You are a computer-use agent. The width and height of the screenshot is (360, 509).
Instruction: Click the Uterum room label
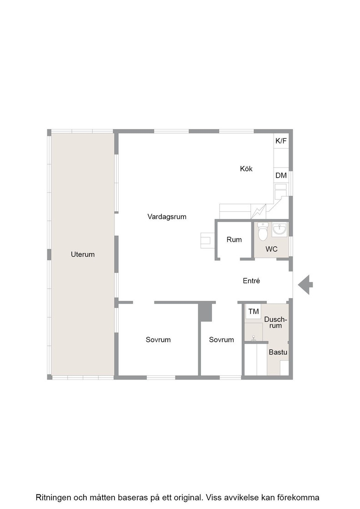83,254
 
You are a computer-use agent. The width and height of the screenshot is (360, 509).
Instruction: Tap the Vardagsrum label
167,217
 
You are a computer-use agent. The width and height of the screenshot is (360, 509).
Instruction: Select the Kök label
246,169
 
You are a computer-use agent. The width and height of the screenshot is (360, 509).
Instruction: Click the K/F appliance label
281,141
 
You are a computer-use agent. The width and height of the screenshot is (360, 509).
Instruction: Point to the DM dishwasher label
281,175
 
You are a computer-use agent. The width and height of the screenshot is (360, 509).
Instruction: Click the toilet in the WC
263,232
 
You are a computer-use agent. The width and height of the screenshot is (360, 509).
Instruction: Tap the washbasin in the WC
279,229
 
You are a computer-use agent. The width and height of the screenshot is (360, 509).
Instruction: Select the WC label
271,250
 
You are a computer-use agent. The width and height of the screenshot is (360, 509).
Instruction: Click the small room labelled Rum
234,240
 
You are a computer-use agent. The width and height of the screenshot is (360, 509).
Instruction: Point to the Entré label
251,281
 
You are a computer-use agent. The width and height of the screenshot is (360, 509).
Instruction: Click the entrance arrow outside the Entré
305,284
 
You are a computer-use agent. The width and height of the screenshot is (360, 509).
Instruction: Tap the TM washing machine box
254,312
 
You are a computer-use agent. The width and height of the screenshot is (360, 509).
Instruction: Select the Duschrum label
275,322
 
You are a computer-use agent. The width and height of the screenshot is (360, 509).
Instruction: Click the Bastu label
278,352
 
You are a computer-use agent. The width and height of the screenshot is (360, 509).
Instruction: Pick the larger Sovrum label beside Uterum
158,340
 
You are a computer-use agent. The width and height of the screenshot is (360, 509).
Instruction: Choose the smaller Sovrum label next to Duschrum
221,340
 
